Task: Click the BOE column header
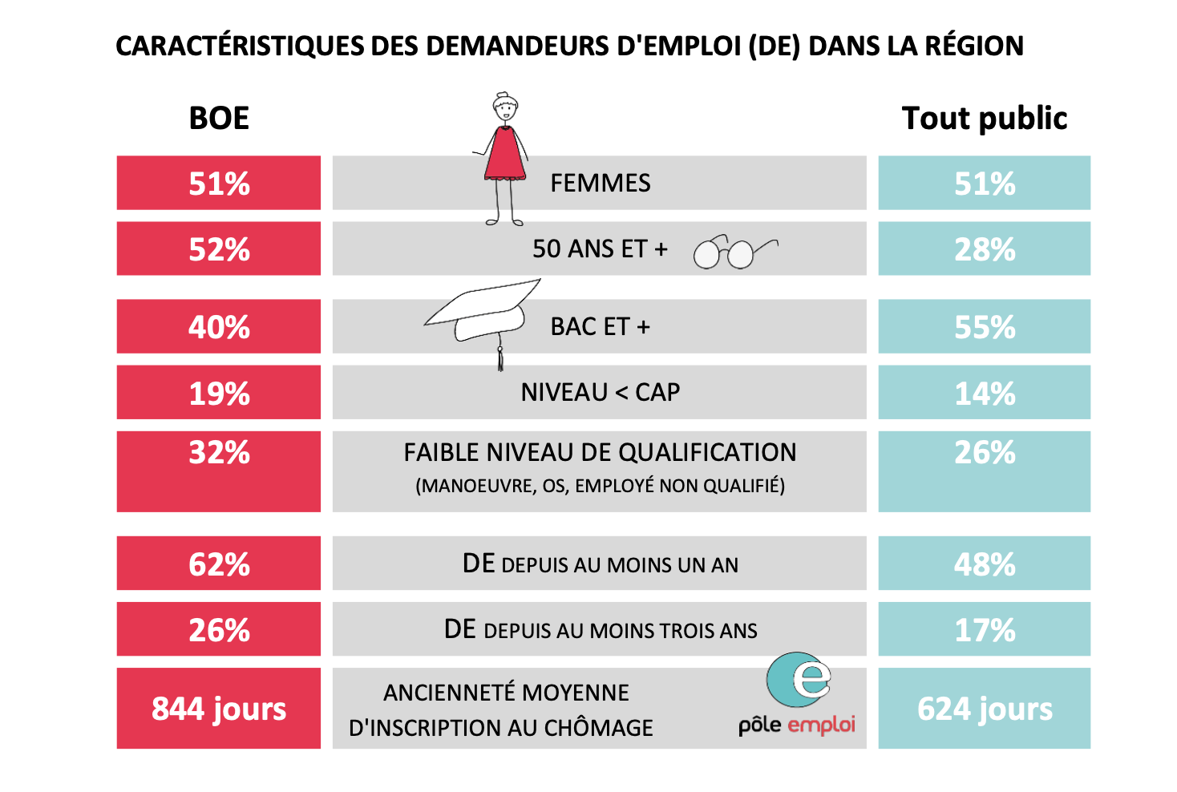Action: (x=219, y=118)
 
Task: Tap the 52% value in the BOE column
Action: (x=219, y=249)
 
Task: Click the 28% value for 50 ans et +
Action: (x=985, y=249)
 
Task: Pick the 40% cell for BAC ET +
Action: (x=219, y=327)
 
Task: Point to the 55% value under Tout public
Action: (x=985, y=327)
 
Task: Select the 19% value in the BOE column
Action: (x=219, y=394)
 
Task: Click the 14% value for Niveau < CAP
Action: (x=985, y=394)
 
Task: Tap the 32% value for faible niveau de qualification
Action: (x=219, y=452)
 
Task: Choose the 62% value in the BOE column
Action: (x=219, y=564)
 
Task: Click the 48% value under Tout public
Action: (x=985, y=564)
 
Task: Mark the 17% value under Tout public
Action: (x=985, y=630)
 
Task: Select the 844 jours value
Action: (x=219, y=709)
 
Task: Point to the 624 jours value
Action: (x=985, y=709)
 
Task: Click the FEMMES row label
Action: (x=600, y=184)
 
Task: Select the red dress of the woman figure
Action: (x=505, y=154)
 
